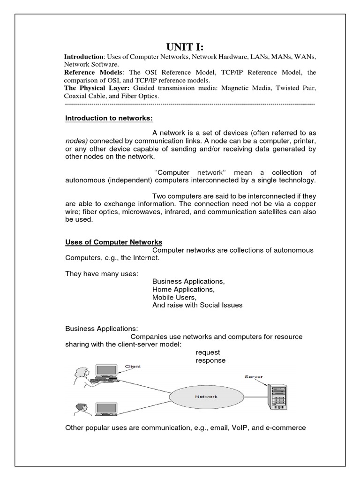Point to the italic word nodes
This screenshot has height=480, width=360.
pyautogui.click(x=76, y=141)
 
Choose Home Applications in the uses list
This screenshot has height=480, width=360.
pyautogui.click(x=183, y=289)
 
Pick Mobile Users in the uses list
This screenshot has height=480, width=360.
pyautogui.click(x=174, y=297)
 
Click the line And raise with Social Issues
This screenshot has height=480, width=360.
pyautogui.click(x=197, y=305)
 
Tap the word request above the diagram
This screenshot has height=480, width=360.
pyautogui.click(x=208, y=352)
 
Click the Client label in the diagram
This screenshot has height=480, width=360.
pyautogui.click(x=132, y=366)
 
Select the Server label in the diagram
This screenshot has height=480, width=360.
pyautogui.click(x=254, y=376)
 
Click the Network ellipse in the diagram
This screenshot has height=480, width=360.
pyautogui.click(x=206, y=397)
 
